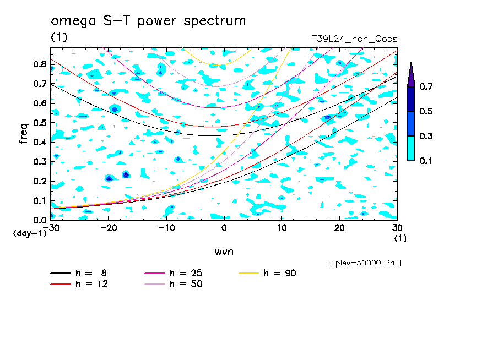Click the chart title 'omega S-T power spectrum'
(x=148, y=21)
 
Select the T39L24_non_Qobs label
(x=355, y=39)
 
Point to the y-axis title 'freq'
(x=24, y=134)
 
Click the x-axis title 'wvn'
(x=224, y=252)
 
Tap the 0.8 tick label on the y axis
(x=39, y=64)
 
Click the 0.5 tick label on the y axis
(x=39, y=123)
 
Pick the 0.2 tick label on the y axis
(x=39, y=181)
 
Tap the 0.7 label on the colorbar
(x=426, y=87)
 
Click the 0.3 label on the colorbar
(x=426, y=136)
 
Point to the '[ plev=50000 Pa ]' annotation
(x=365, y=263)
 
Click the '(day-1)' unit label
(x=29, y=233)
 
